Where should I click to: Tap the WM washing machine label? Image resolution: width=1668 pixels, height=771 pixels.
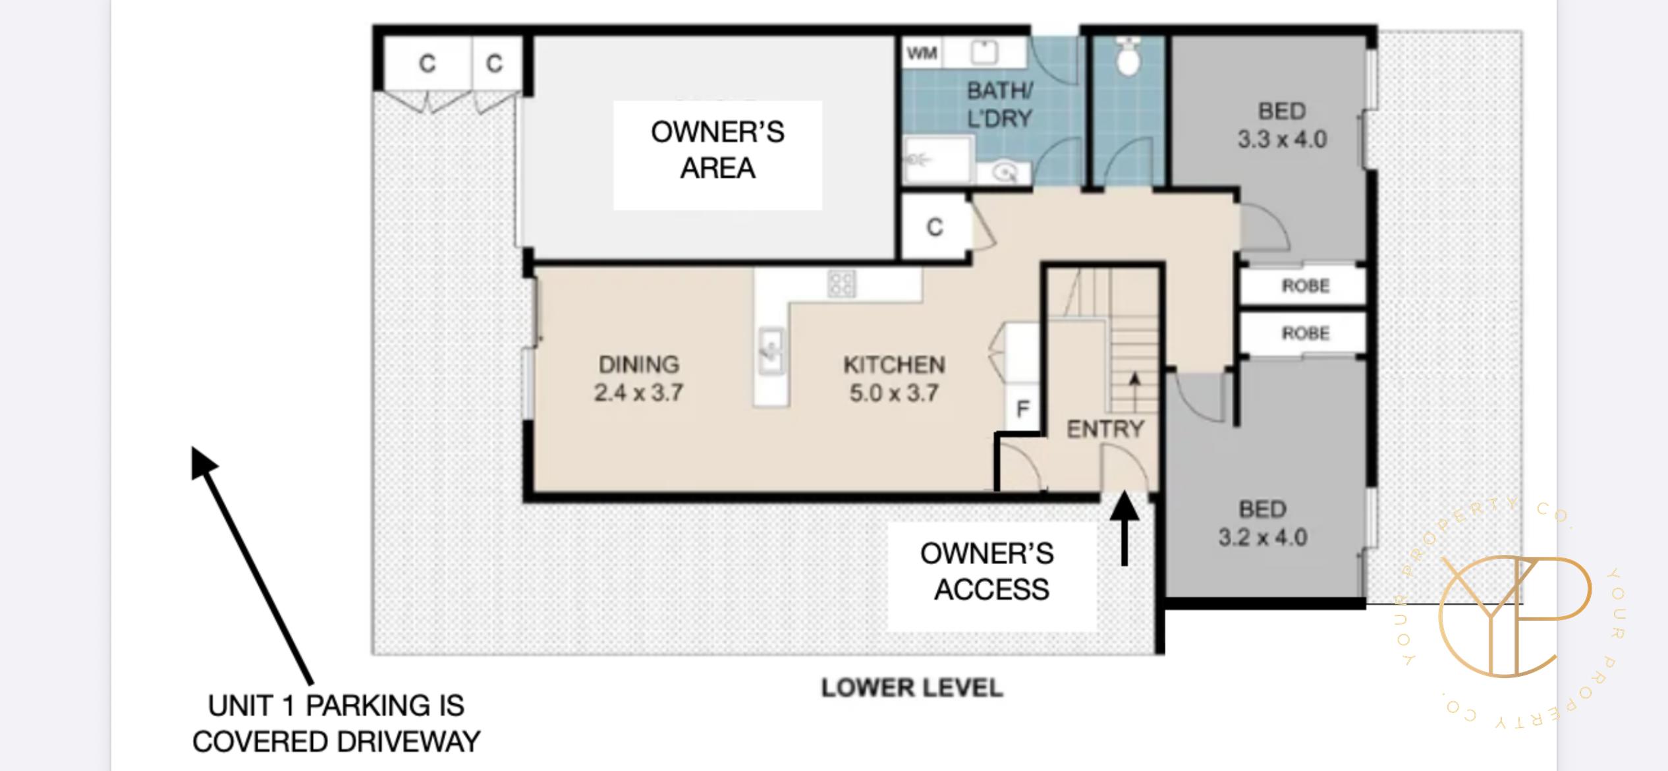[x=922, y=53]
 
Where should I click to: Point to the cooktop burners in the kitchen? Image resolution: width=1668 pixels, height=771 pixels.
[x=842, y=284]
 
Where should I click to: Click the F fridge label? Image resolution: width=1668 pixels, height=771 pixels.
[x=1023, y=409]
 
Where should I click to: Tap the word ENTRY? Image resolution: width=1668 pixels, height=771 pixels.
[x=1105, y=429]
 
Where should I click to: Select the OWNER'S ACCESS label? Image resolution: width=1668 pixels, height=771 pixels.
[x=988, y=571]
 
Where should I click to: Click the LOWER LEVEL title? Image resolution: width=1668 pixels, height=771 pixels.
[x=912, y=688]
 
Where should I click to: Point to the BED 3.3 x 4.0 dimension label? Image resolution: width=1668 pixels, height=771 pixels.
[x=1282, y=125]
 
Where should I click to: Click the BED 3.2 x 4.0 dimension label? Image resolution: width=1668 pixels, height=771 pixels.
[x=1262, y=523]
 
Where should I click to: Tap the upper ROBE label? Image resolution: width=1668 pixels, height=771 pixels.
[x=1306, y=286]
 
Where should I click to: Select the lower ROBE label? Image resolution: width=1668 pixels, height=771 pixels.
[x=1306, y=333]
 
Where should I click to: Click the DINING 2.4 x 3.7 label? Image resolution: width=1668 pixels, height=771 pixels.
[x=638, y=378]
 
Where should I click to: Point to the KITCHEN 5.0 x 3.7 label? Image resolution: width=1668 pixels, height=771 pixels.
[x=894, y=379]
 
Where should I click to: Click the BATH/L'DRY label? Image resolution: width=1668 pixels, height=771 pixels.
[x=999, y=105]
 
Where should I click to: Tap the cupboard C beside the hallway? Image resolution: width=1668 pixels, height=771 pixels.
[x=935, y=227]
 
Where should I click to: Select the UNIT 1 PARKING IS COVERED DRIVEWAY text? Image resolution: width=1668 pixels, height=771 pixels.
[x=336, y=724]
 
